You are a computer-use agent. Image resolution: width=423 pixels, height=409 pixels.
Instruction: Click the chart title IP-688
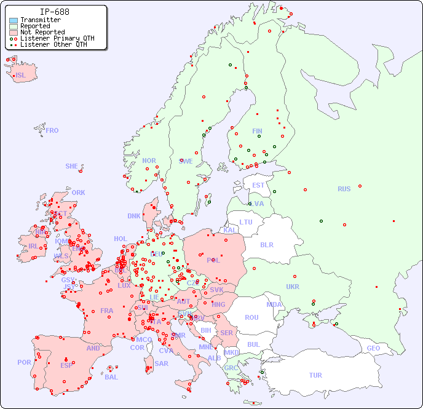click(54, 12)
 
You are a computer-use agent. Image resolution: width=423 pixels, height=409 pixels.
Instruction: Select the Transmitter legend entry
click(40, 20)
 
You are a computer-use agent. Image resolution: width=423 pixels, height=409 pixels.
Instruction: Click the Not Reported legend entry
click(42, 32)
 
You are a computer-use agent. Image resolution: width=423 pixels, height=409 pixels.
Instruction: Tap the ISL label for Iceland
click(21, 76)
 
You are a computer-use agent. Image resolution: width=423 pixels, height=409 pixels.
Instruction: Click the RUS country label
click(344, 189)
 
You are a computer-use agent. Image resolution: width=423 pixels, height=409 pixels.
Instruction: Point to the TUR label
click(315, 375)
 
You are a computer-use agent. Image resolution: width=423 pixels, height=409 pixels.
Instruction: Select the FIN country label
click(257, 131)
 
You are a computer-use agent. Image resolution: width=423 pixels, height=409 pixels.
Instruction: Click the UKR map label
click(293, 287)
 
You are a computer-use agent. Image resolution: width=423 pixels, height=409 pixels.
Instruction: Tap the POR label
click(24, 362)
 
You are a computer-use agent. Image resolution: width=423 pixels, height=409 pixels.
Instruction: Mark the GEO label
click(373, 348)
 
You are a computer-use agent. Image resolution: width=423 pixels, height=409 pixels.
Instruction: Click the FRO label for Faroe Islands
click(52, 130)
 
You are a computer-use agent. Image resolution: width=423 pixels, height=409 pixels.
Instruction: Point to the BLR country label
click(266, 244)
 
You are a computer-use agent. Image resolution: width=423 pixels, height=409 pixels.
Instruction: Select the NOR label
click(149, 161)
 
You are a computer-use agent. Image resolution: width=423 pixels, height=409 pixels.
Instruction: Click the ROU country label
click(251, 317)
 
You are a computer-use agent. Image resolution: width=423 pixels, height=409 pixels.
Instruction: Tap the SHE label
click(72, 166)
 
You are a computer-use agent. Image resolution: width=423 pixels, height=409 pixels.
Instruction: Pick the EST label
click(258, 185)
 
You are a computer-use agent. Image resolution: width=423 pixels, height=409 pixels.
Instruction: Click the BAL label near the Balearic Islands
click(111, 377)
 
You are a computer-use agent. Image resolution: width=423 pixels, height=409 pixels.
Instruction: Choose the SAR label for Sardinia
click(161, 363)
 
